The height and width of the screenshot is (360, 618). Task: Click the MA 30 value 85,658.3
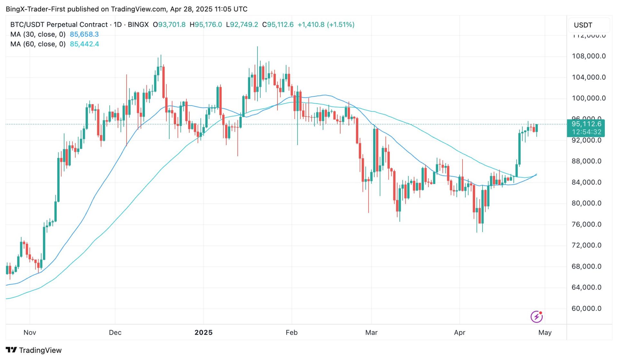click(84, 34)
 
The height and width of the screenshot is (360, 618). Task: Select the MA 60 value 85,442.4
click(84, 44)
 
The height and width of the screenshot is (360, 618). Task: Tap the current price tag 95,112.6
click(586, 124)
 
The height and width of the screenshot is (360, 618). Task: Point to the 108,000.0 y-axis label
click(588, 56)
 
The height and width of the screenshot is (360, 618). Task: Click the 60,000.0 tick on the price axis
click(586, 309)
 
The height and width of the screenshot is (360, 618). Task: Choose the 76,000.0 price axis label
click(586, 224)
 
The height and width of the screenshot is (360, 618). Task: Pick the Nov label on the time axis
click(30, 333)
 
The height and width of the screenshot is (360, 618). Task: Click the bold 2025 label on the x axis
click(203, 333)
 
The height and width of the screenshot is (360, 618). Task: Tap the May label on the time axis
click(545, 333)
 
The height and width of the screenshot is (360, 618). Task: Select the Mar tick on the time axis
click(371, 333)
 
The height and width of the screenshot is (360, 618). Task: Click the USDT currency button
click(583, 25)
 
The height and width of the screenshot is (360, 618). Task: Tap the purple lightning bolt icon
click(537, 317)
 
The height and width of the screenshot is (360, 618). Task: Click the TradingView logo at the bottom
click(34, 350)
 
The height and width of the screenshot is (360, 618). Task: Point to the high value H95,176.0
click(206, 25)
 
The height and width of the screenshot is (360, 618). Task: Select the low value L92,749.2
click(242, 25)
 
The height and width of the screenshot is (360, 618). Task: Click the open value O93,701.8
click(169, 25)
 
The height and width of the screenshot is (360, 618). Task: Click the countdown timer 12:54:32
click(586, 132)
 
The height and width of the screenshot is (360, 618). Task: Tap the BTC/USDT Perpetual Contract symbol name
click(59, 25)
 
